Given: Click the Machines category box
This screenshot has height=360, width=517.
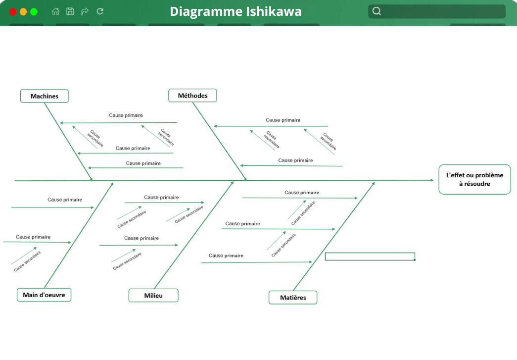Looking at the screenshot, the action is pos(45,96).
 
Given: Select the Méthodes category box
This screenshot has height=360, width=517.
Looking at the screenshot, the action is pos(192,96).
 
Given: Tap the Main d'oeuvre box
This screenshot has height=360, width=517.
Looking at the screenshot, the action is pos(44,295).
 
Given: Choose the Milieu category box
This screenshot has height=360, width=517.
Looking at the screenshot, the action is pos(153,295).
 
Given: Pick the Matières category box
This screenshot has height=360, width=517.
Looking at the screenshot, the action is pos(293,297).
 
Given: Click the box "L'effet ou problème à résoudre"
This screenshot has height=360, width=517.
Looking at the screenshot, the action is pos(474,180).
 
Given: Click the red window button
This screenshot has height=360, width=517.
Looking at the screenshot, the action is pos(13,12).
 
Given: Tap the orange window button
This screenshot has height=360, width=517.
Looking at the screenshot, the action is pos(23,12).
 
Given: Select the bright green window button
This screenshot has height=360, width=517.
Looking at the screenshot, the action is pos(34,12).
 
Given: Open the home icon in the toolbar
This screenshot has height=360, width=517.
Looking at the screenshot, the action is pos(56,11).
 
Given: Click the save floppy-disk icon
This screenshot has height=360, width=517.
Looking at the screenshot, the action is pos(70,11).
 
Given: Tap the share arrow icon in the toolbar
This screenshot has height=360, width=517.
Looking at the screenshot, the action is pos(85,11).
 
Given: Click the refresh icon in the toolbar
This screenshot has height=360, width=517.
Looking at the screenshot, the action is pos(100,11).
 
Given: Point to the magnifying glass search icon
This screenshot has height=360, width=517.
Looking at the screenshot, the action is pos(376,11).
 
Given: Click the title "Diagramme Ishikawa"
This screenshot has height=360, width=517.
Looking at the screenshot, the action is pos(236,11).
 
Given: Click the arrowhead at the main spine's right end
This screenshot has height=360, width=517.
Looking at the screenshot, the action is pos(432,180).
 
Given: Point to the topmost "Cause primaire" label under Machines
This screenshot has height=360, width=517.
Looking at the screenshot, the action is pos(126,115).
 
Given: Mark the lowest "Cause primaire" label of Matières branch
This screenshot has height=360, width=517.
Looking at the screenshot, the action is pos(226,256).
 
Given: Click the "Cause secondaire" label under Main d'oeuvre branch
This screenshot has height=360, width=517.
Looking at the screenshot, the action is pos(27,261).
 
